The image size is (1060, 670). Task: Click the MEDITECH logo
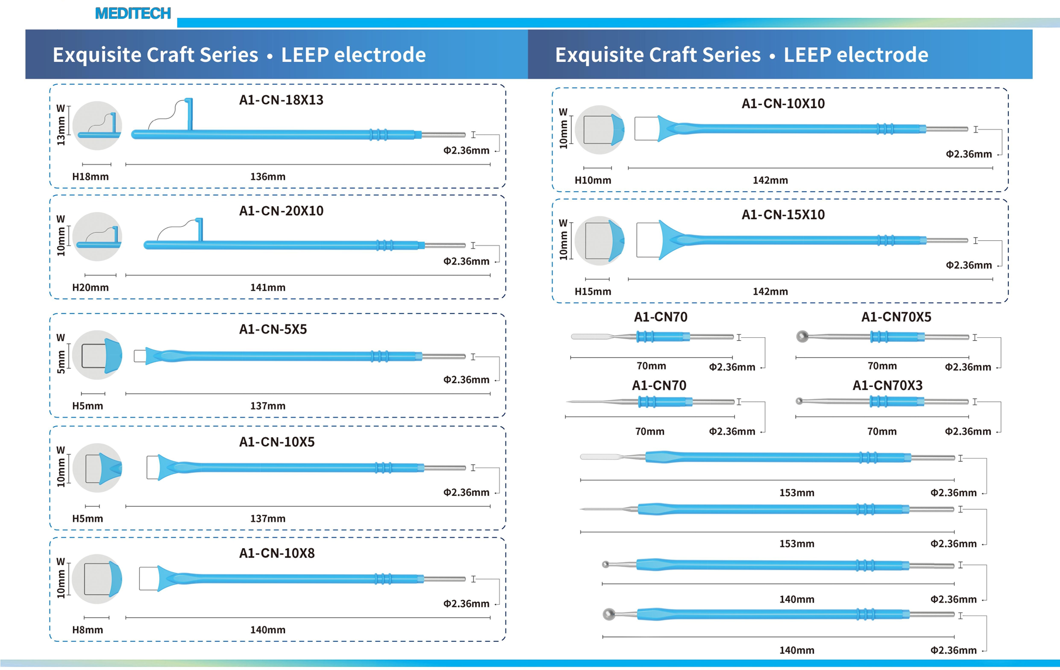(x=133, y=13)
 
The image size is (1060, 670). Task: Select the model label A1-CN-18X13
(x=281, y=100)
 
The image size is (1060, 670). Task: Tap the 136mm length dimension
(x=267, y=177)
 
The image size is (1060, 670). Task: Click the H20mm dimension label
(x=90, y=288)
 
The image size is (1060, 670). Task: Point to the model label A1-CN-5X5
(x=273, y=329)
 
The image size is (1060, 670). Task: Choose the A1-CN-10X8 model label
(x=276, y=553)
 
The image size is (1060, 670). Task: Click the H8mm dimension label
(x=87, y=630)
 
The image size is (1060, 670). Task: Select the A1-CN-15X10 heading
(x=783, y=215)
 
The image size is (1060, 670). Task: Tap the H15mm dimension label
(x=593, y=292)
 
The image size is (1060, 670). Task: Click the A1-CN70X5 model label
(x=896, y=317)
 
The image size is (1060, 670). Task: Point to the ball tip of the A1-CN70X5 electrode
(x=802, y=336)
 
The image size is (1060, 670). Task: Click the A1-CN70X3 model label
(x=887, y=385)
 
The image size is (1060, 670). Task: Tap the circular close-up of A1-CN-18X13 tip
(x=97, y=125)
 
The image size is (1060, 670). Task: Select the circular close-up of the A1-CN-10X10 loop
(x=599, y=129)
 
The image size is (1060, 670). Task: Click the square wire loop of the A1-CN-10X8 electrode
(x=148, y=579)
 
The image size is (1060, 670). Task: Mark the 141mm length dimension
(x=267, y=288)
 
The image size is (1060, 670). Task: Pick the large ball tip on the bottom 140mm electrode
(x=609, y=614)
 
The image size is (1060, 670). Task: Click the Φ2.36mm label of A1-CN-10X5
(x=466, y=492)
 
